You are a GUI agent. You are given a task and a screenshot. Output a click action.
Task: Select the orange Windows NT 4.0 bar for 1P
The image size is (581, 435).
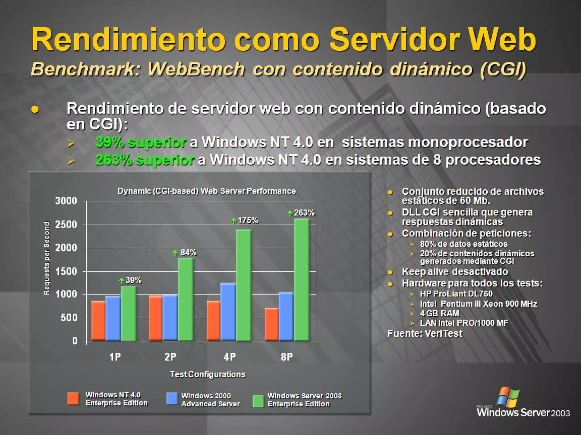98,321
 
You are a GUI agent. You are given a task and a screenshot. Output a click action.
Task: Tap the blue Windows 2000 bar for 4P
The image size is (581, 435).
228,312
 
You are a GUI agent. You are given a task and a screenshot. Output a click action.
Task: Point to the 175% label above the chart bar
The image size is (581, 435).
247,220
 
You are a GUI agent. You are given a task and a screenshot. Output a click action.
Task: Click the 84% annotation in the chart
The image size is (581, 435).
188,252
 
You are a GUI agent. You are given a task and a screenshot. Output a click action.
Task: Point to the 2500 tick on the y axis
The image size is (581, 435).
66,225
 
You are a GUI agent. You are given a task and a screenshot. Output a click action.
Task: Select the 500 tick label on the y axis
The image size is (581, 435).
69,318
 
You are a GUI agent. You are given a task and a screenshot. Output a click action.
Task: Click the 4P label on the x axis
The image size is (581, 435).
230,357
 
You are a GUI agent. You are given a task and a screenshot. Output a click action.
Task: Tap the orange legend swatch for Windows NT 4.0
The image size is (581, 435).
73,399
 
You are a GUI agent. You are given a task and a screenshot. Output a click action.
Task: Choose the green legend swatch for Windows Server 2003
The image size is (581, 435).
258,401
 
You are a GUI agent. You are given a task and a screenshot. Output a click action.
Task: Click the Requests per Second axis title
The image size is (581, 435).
47,258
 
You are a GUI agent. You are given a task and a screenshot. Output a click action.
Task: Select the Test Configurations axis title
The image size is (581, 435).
207,374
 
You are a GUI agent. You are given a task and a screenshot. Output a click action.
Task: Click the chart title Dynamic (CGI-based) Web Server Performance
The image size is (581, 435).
207,191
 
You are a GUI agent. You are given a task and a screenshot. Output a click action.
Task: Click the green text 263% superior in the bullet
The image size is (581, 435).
145,160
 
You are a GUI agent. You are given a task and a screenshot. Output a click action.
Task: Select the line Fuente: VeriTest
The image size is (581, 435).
425,334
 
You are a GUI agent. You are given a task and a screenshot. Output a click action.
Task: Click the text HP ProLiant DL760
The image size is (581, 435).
456,294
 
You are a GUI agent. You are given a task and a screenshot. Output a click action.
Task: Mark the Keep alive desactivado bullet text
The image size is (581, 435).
455,272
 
